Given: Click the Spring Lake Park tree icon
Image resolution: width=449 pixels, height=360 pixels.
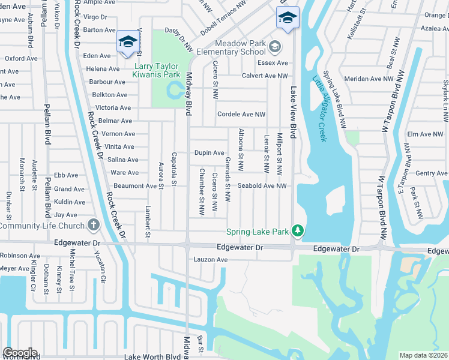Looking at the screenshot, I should coord(297,232).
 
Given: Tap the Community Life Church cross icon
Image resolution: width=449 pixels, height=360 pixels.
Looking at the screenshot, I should coord(92,226).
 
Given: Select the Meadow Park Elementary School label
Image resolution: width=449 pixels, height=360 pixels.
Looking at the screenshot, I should coord(240,48).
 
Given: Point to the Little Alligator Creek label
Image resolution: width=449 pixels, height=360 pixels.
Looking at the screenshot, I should coord(319,108).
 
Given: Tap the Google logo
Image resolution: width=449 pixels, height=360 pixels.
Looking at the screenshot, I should coord(20,353).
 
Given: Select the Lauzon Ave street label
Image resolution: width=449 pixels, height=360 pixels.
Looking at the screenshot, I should coord(210,260).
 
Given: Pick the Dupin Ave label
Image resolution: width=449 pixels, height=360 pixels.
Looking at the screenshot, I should coord(209,153).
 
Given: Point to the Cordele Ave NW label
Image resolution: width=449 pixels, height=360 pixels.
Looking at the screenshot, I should coord(241,114).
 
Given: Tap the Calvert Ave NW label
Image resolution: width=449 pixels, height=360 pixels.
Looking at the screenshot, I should coord(264,76).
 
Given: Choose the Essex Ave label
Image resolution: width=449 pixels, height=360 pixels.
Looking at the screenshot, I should coord(273,63).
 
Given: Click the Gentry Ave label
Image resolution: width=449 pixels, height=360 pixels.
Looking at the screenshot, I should coord(431,173).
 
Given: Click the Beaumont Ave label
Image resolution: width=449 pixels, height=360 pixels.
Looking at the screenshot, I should coord(134,186).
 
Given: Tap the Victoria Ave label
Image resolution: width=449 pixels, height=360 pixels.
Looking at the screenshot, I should coord(112,108).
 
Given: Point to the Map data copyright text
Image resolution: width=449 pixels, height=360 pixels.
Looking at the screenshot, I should coord(423,355).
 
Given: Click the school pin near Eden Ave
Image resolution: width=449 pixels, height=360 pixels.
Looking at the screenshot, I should coord(127,41).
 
